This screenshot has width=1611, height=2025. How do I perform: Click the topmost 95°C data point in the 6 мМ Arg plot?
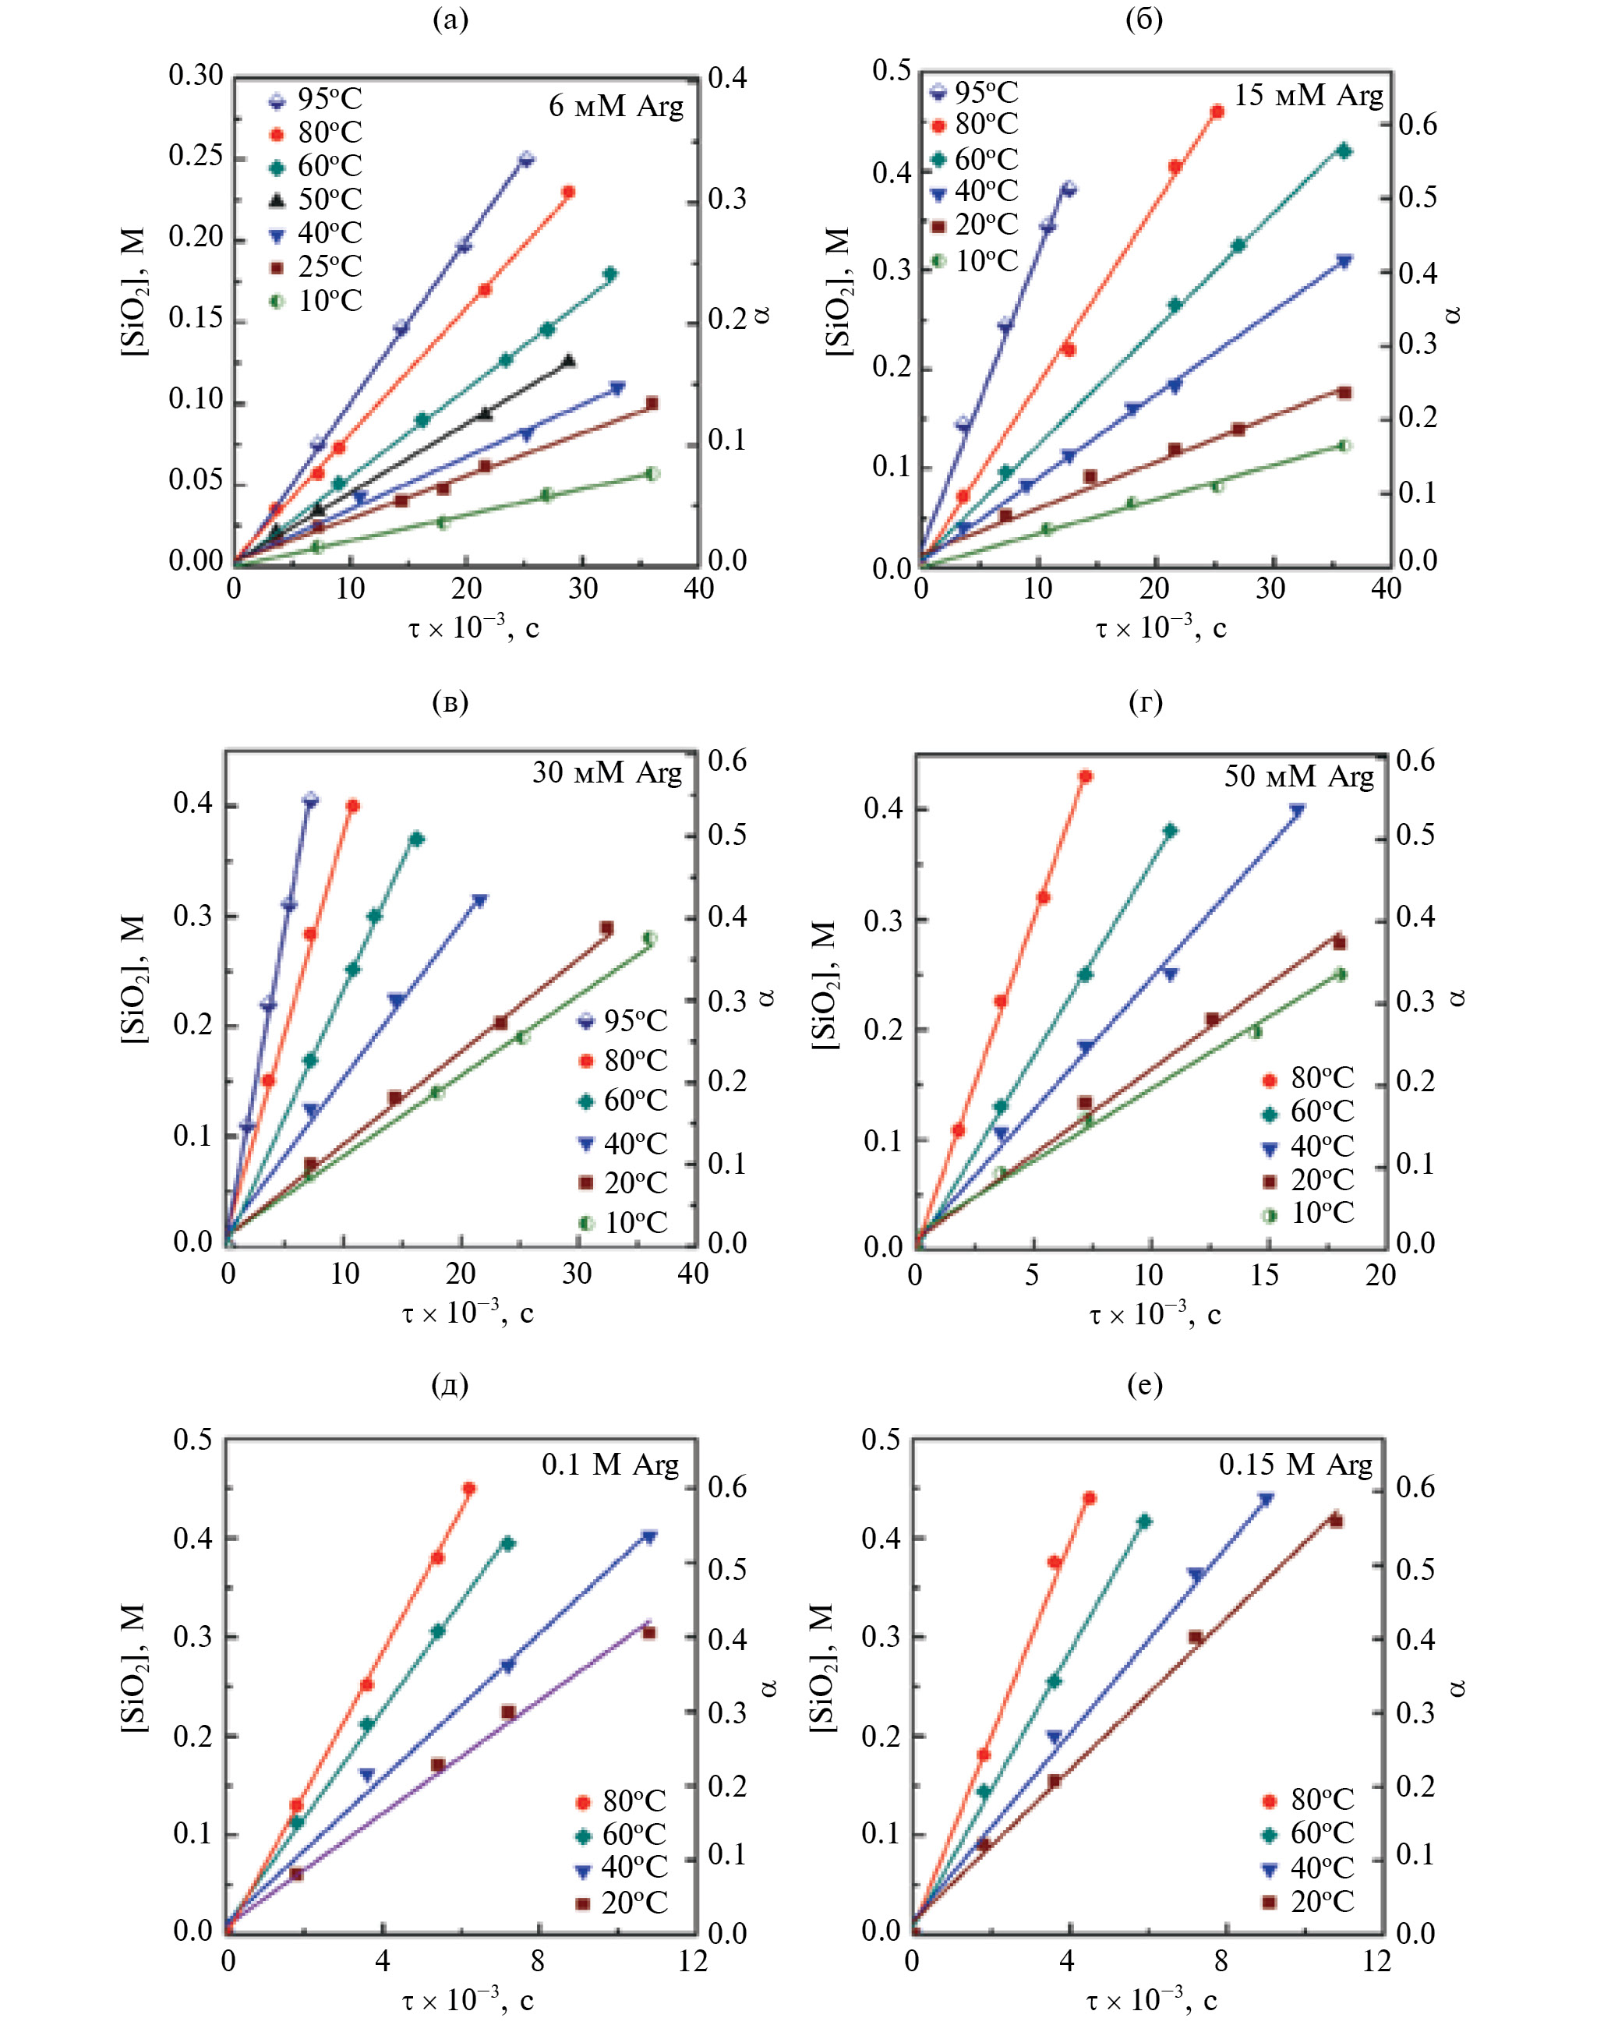[526, 159]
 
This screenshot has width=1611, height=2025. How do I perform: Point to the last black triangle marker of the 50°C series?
[568, 361]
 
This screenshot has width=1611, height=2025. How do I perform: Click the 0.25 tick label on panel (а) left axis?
[196, 156]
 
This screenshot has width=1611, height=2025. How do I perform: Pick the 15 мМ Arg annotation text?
[1308, 96]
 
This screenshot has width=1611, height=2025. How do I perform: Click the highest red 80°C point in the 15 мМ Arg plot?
[1217, 111]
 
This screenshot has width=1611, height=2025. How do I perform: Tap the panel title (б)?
[1144, 19]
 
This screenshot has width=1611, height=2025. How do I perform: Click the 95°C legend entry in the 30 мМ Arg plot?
[623, 1021]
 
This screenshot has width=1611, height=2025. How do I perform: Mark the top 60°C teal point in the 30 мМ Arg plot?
[416, 839]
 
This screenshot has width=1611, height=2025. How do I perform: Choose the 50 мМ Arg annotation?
[1298, 776]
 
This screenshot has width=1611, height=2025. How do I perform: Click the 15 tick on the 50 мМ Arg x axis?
[1264, 1274]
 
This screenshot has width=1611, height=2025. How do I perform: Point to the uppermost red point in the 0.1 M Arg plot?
[468, 1489]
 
